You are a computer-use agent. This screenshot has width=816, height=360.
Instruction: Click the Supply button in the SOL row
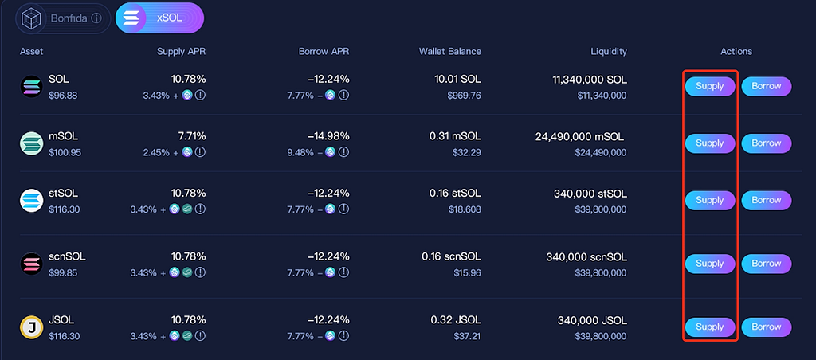[x=710, y=86]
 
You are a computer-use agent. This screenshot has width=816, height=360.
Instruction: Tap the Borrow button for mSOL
[x=766, y=143]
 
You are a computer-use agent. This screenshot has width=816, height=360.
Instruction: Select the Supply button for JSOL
[x=710, y=327]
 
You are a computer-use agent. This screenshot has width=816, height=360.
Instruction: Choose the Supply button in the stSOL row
[x=710, y=200]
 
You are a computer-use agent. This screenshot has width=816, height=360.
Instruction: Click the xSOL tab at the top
[x=159, y=18]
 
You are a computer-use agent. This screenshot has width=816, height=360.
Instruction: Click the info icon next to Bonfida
[x=96, y=18]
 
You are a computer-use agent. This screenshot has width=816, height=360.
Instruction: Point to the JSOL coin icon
[x=31, y=328]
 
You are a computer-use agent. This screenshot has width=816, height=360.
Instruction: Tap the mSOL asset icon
[x=31, y=143]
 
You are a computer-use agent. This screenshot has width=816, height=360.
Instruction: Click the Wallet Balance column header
[x=450, y=52]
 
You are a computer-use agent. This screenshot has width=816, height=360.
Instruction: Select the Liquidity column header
[x=609, y=52]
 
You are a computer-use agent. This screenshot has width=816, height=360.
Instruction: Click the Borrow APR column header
[x=324, y=52]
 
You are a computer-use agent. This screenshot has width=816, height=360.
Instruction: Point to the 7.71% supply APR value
[x=192, y=136]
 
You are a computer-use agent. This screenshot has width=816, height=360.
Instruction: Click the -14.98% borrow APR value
[x=328, y=136]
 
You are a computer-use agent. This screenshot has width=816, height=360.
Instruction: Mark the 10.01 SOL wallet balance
[x=458, y=80]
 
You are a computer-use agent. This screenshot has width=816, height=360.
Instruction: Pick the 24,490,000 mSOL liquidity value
[x=579, y=136]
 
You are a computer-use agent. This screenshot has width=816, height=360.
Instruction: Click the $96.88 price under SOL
[x=63, y=96]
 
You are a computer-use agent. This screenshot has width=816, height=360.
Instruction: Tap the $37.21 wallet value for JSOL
[x=467, y=336]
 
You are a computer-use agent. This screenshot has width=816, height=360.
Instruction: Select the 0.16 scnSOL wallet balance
[x=452, y=257]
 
